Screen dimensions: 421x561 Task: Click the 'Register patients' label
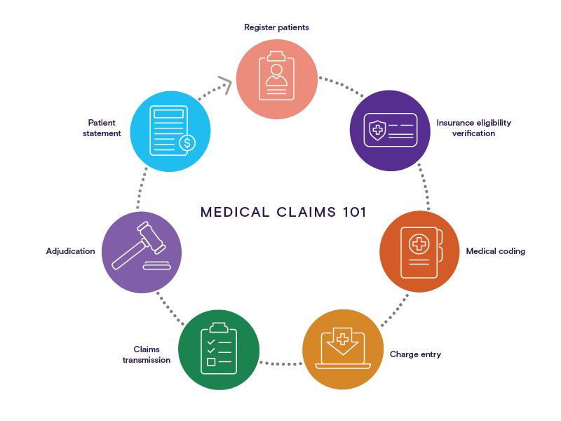click(x=276, y=27)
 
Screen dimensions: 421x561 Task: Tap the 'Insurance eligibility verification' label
click(x=473, y=128)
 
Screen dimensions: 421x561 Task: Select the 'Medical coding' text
click(x=495, y=251)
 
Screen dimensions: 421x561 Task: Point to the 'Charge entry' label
click(x=415, y=354)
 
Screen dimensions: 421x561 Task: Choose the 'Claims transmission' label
click(x=147, y=354)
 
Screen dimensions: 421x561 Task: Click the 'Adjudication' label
click(x=70, y=251)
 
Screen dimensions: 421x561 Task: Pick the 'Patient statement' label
click(x=104, y=128)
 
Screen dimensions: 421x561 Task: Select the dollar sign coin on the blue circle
click(x=186, y=143)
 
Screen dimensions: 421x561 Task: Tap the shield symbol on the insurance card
click(x=377, y=130)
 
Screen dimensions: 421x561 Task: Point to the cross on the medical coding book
click(x=418, y=245)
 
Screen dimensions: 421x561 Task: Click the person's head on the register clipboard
click(x=276, y=70)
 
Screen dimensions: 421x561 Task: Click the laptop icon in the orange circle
click(x=342, y=346)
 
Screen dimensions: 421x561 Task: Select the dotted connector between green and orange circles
click(x=280, y=363)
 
